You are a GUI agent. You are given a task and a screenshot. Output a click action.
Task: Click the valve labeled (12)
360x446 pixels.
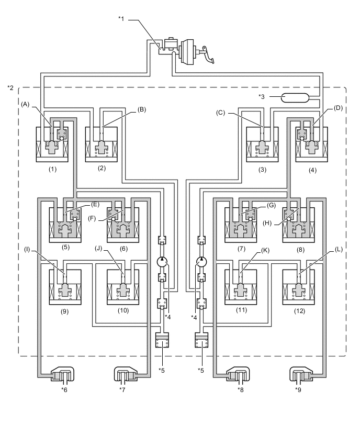tap(298, 286)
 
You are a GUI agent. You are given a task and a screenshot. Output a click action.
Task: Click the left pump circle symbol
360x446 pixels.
tap(162, 262)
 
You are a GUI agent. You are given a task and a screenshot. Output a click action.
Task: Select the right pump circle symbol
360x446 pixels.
tap(200, 262)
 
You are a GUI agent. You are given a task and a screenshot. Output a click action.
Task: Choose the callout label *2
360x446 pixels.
tap(10, 87)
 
